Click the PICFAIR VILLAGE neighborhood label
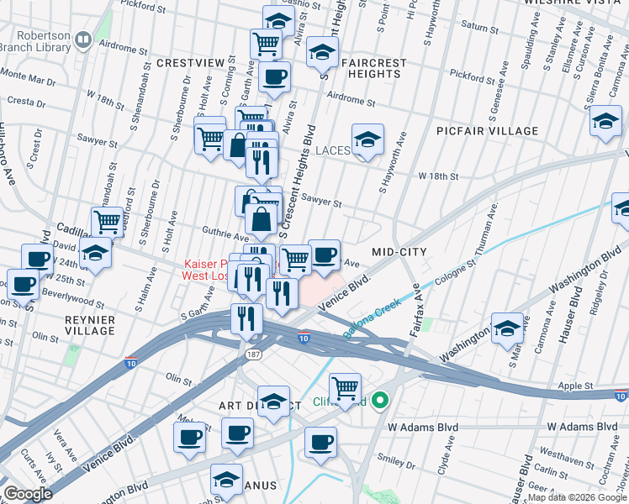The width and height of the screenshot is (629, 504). tap(487, 131)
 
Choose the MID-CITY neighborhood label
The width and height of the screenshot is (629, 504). tap(399, 252)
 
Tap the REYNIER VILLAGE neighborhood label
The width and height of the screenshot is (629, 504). tap(89, 325)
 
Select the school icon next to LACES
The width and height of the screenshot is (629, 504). tap(367, 140)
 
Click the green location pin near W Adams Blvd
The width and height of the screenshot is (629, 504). tap(379, 402)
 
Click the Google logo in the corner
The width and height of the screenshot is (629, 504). tap(28, 494)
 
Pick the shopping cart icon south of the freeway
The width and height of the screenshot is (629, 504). tap(345, 388)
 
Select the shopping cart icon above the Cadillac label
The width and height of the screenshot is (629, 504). tap(107, 222)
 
